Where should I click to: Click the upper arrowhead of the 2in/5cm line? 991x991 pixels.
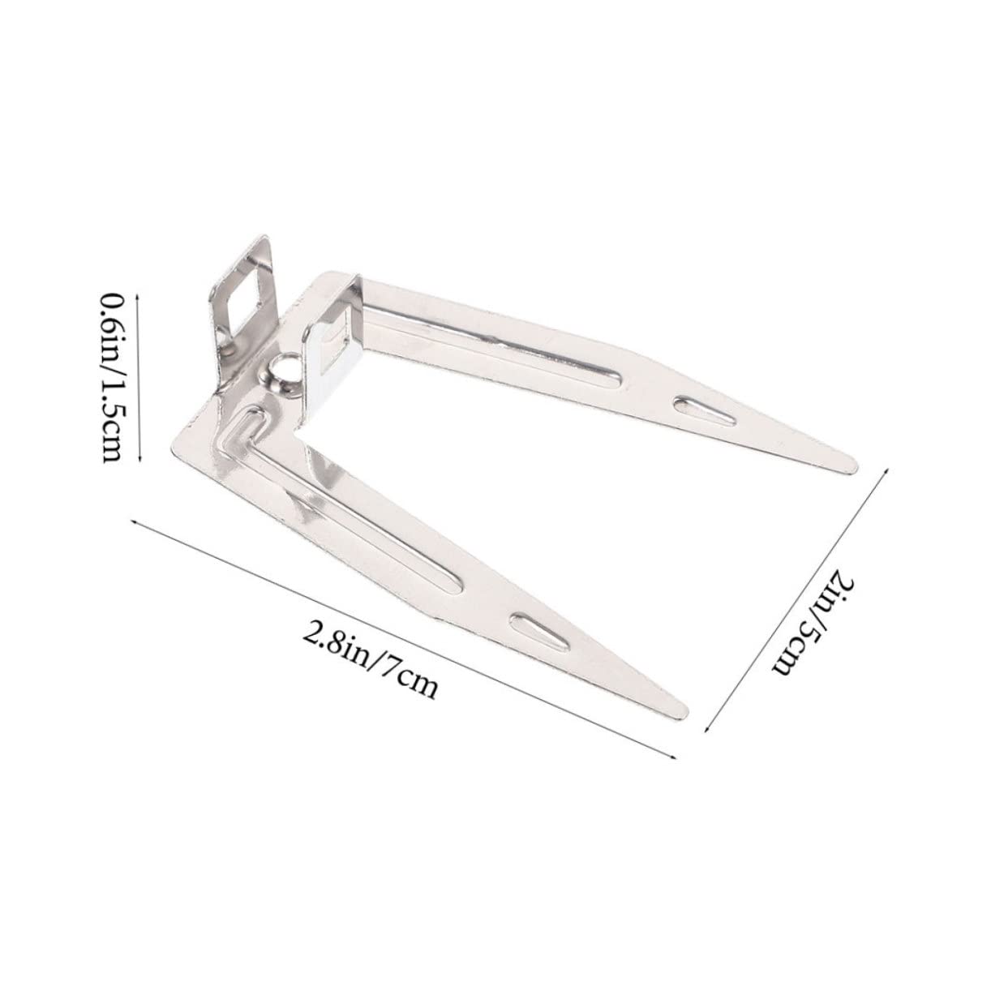coord(890,468)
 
